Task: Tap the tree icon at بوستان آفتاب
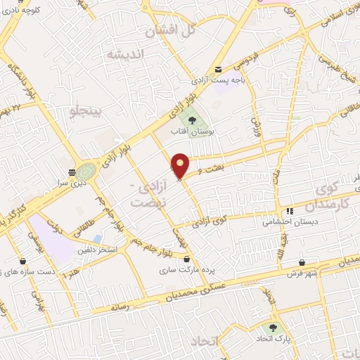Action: (x=193, y=120)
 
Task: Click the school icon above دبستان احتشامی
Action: (x=289, y=211)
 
